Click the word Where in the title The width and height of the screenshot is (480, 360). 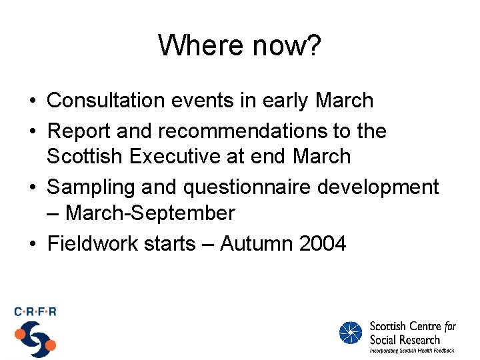[197, 45]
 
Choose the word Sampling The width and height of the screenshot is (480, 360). [89, 187]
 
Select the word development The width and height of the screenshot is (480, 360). [378, 187]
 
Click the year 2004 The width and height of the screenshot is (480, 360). [323, 244]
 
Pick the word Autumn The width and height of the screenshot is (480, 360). [257, 244]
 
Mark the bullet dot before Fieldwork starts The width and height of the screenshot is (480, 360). [33, 245]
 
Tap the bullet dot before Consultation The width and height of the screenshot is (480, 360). [33, 101]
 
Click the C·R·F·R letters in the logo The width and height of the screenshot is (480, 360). [35, 311]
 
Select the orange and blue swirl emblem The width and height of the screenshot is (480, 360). [35, 339]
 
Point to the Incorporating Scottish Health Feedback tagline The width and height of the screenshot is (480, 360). [412, 350]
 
